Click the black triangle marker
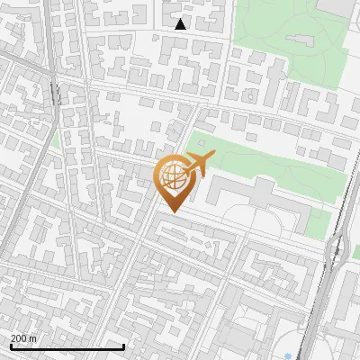(180, 24)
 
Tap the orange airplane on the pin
(199, 164)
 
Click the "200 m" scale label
(23, 337)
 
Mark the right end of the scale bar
(123, 346)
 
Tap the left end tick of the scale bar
(10, 346)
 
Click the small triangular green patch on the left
(56, 139)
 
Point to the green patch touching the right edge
(355, 252)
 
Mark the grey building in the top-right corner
(337, 7)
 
